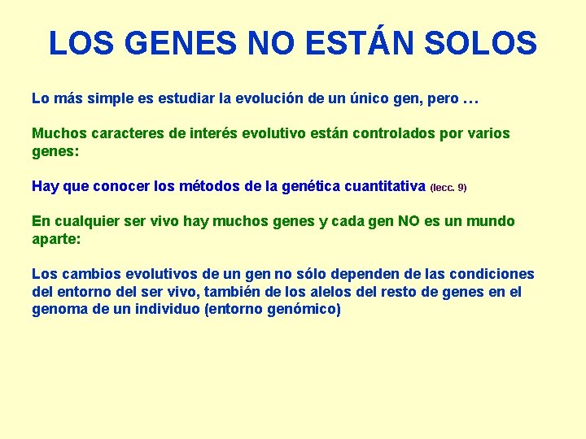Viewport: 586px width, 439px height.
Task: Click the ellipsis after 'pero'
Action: [470, 99]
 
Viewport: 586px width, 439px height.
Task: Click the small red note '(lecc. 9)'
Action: [448, 188]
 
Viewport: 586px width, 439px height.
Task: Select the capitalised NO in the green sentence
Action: [409, 221]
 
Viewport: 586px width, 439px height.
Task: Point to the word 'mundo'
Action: [491, 221]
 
